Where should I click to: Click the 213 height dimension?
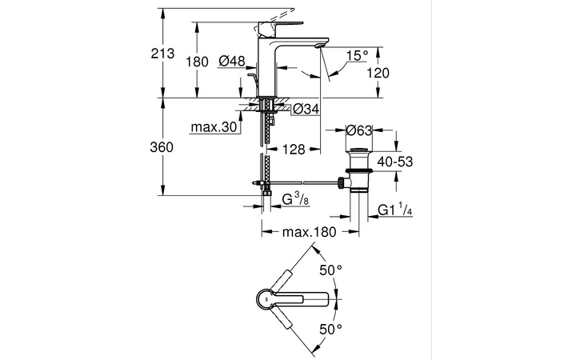[x=162, y=54]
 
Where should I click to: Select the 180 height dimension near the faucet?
[x=197, y=61]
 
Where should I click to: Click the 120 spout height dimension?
[x=379, y=73]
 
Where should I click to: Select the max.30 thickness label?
[x=212, y=127]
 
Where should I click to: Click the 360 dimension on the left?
[x=162, y=148]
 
